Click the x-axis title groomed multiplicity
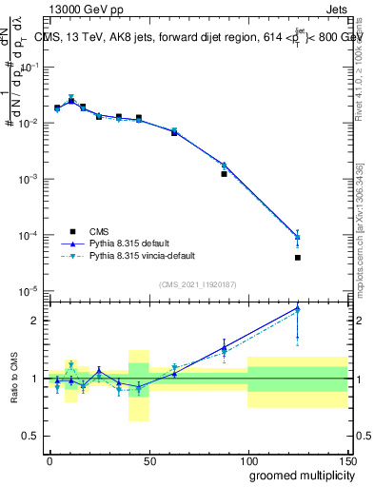coord(297,474)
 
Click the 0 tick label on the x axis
coord(49,459)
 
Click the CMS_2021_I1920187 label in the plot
coord(197,284)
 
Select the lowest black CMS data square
coord(325,258)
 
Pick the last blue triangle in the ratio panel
coord(325,307)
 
